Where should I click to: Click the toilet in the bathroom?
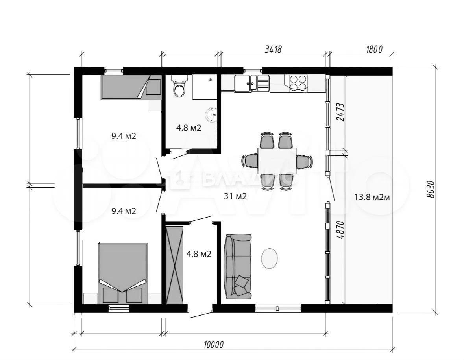(x=179, y=86)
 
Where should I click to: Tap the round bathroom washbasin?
(x=212, y=114)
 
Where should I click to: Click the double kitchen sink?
(x=252, y=83)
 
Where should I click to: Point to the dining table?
(x=277, y=161)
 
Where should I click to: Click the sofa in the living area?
(x=238, y=266)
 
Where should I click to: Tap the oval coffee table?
(x=269, y=258)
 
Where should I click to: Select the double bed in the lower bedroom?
(x=123, y=273)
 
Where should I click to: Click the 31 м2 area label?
(x=235, y=196)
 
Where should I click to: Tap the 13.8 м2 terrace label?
(x=372, y=197)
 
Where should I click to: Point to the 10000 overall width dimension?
(x=213, y=344)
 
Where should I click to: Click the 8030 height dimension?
(x=432, y=189)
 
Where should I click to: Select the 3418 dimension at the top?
(x=273, y=49)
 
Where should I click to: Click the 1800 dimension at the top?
(x=374, y=49)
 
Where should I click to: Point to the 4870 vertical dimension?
(x=340, y=230)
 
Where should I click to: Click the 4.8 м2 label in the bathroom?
(x=189, y=128)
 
